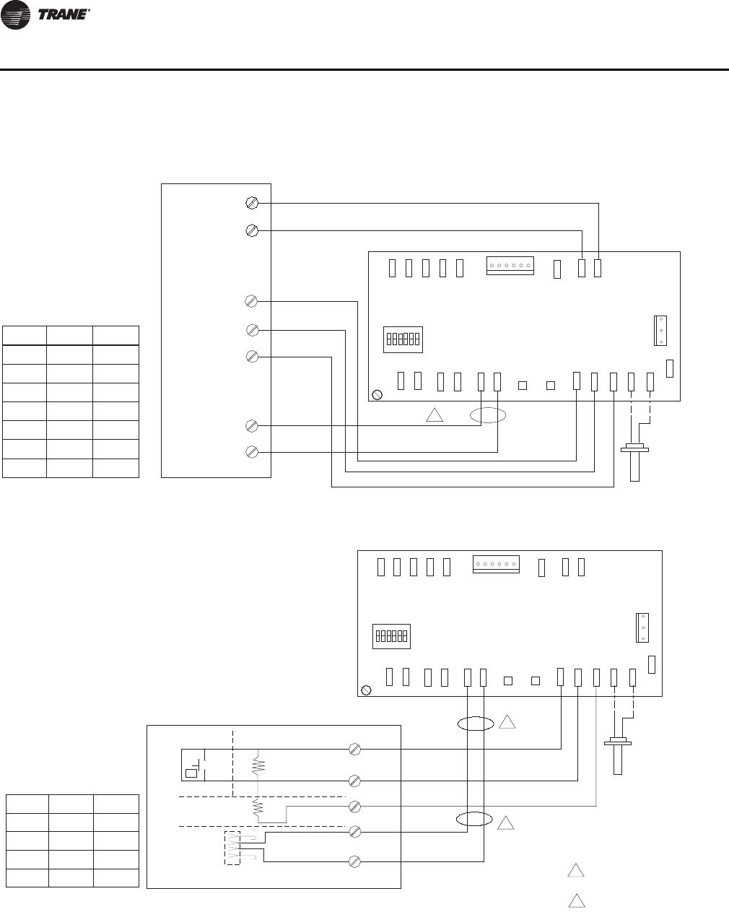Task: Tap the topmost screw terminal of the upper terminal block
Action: [252, 203]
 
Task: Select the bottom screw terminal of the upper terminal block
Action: [252, 452]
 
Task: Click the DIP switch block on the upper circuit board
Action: [403, 339]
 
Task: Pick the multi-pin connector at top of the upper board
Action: [510, 266]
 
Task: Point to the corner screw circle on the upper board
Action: [377, 395]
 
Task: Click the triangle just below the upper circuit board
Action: [434, 416]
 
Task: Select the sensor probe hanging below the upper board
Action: [635, 462]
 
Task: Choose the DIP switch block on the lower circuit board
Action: [392, 636]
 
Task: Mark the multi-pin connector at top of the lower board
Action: [496, 564]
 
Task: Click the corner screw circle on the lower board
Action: [366, 690]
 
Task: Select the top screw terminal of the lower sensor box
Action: [355, 750]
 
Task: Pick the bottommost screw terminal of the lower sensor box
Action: [355, 861]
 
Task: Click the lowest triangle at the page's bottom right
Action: [575, 900]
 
